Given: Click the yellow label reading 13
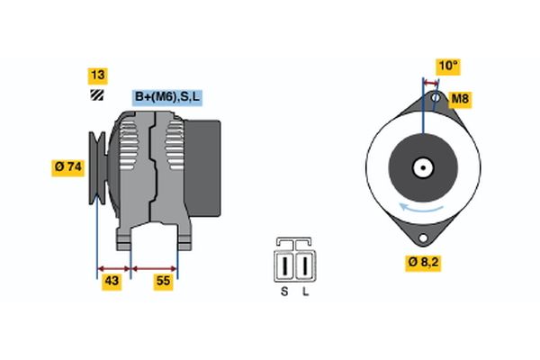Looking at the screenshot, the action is (x=98, y=76).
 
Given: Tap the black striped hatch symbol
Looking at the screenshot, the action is (x=97, y=94).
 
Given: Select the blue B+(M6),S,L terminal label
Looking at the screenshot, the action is (x=167, y=97).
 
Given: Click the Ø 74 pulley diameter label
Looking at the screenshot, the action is (x=68, y=167).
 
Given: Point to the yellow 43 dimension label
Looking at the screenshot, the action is (x=112, y=281).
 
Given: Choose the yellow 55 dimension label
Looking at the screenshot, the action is (x=163, y=281).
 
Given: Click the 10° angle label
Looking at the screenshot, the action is (x=448, y=66).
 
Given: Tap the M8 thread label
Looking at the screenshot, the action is (x=460, y=99).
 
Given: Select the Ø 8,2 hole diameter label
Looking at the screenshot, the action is (x=423, y=263).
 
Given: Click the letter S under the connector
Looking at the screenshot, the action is (x=284, y=292).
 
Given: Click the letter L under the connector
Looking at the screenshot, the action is (x=305, y=292).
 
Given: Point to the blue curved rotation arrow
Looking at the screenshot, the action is (x=421, y=208).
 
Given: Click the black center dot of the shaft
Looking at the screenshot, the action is (x=423, y=168).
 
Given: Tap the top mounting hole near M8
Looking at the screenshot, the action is (x=436, y=98).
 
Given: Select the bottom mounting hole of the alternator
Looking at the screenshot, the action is (x=423, y=238).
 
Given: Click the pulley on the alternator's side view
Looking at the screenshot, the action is (x=97, y=167).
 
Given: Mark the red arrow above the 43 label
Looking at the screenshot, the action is (x=114, y=269).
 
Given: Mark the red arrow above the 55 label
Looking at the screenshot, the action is (x=154, y=269).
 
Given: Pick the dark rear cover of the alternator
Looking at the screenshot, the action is (x=202, y=168).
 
